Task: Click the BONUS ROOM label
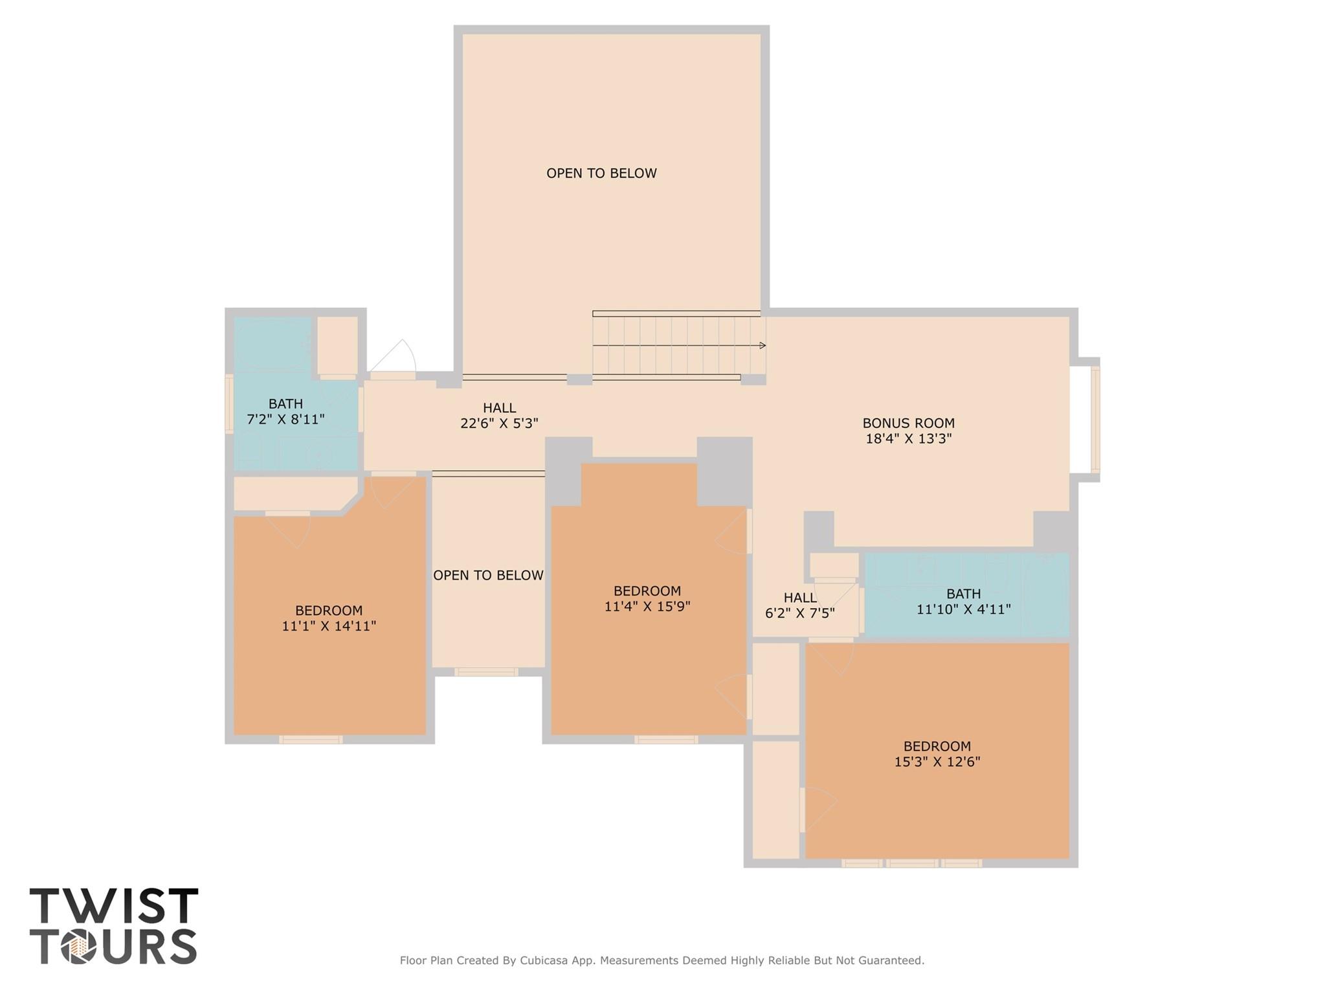pyautogui.click(x=907, y=423)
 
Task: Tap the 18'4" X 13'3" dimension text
pyautogui.click(x=907, y=438)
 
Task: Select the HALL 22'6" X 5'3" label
pyautogui.click(x=499, y=415)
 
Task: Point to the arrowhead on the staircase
pyautogui.click(x=763, y=345)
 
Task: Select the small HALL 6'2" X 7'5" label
pyautogui.click(x=799, y=605)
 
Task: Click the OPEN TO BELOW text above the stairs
pyautogui.click(x=601, y=173)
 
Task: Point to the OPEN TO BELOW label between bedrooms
pyautogui.click(x=488, y=575)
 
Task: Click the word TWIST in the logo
pyautogui.click(x=113, y=906)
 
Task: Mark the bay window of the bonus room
pyautogui.click(x=1095, y=420)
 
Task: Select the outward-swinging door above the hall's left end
pyautogui.click(x=395, y=359)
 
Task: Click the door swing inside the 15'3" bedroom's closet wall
pyautogui.click(x=817, y=809)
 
